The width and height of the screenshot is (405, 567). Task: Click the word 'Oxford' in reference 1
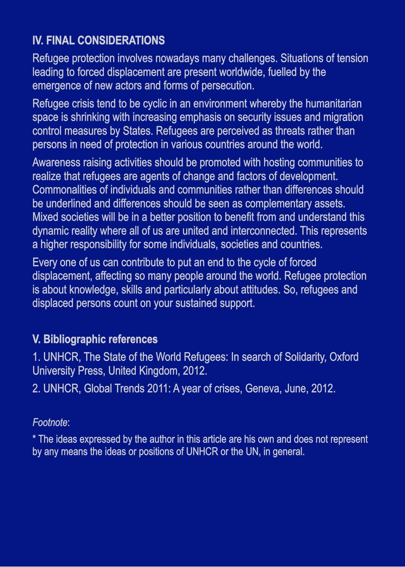click(344, 357)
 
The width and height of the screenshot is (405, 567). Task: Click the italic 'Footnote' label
click(50, 422)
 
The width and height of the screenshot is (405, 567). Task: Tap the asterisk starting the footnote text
click(34, 438)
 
